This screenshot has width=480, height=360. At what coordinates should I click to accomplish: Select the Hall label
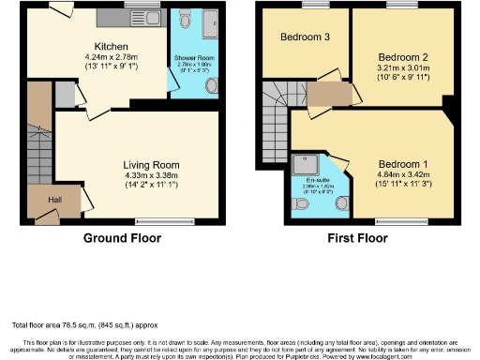(42, 199)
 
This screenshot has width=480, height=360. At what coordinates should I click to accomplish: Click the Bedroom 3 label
(305, 37)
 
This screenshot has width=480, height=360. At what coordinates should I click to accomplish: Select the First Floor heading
(357, 238)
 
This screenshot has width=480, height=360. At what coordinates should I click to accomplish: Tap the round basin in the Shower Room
(211, 86)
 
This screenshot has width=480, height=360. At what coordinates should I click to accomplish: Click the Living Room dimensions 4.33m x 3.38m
(138, 173)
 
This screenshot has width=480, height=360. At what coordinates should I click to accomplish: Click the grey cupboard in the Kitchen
(65, 95)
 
